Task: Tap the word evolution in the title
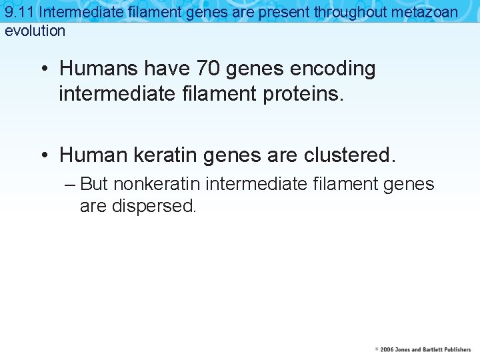coord(35,31)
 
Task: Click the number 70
coord(207,69)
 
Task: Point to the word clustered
coord(349,155)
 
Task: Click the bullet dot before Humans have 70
coord(43,69)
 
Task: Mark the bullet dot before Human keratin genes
coord(43,155)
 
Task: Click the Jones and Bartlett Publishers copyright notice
coord(423,349)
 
